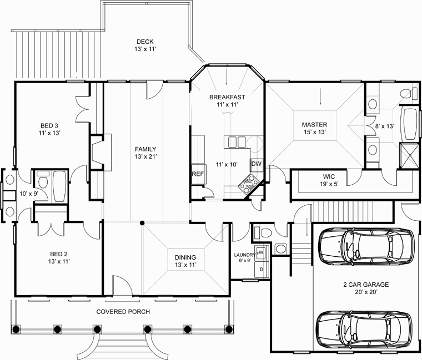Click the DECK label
tap(145, 42)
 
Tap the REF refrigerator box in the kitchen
tap(198, 174)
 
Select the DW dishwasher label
tap(257, 164)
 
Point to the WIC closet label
tap(329, 176)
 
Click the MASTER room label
tap(314, 125)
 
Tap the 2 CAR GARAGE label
tap(366, 285)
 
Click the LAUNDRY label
tap(244, 255)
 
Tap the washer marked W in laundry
tap(261, 252)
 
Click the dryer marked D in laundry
tap(261, 269)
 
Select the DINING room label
tap(185, 257)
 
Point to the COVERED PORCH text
tap(123, 312)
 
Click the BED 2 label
tap(59, 254)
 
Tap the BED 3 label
tap(49, 125)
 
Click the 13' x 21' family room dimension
tap(145, 157)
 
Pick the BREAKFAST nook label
tap(227, 97)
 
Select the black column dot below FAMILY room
tap(142, 222)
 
